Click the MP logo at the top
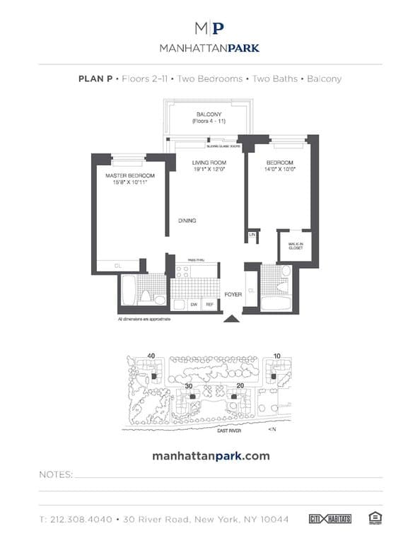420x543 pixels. coord(210,28)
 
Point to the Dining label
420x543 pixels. coord(187,221)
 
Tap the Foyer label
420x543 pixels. coord(233,293)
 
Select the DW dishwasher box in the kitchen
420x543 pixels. coord(194,304)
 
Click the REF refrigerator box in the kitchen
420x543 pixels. coord(209,304)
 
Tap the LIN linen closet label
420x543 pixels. coord(252,235)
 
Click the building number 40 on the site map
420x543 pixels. coord(151,356)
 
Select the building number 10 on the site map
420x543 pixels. coord(276,356)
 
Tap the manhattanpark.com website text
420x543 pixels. coord(211,456)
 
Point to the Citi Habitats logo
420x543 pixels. coord(331,519)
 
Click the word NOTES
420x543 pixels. coord(56,475)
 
